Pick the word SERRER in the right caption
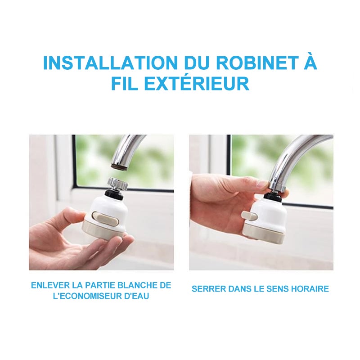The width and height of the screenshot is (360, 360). [x=207, y=289]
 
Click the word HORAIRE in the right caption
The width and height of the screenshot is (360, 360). [x=310, y=289]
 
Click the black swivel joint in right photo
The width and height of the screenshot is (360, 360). [x=273, y=196]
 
